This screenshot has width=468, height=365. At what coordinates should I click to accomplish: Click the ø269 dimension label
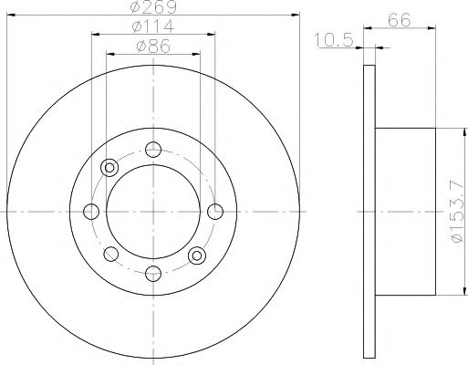tap(153, 7)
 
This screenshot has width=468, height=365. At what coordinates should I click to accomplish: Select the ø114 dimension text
tap(153, 26)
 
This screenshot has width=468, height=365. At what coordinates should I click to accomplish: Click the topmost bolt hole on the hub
tap(153, 151)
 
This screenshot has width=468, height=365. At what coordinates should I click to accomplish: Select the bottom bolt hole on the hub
tap(153, 274)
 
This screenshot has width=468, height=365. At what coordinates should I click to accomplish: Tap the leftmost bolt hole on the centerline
tap(91, 212)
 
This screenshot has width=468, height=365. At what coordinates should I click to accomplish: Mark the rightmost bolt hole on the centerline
tap(215, 212)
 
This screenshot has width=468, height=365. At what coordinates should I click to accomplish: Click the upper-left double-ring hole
tap(110, 168)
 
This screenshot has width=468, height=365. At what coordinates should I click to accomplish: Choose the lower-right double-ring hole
tap(196, 256)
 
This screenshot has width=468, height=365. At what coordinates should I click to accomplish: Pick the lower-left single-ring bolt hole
tap(110, 255)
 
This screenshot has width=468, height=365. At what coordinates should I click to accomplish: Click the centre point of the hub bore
tap(153, 212)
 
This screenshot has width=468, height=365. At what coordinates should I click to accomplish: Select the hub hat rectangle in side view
tap(405, 212)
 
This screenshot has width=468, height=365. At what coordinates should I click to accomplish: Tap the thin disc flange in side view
tap(369, 212)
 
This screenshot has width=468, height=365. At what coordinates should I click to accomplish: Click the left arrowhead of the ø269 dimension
tap(10, 16)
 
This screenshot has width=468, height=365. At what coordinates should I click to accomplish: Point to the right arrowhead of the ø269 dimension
tap(296, 16)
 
